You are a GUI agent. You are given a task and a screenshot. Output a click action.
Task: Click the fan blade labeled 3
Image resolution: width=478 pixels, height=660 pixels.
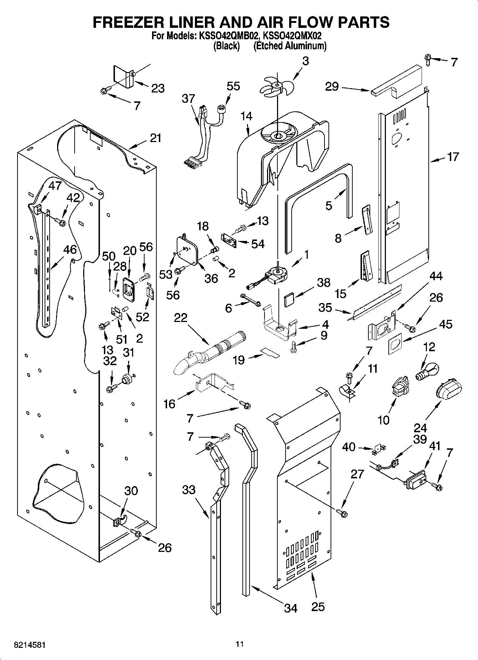coord(280,86)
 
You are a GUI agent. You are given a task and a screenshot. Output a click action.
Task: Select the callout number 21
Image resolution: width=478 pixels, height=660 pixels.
coord(155,138)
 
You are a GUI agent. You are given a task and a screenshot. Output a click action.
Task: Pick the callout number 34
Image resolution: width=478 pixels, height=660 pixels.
coord(291,608)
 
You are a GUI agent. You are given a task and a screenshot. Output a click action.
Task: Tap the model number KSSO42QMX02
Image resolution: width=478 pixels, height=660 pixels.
coord(292,36)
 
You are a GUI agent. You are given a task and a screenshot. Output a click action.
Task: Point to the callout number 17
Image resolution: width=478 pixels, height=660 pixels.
coord(453,157)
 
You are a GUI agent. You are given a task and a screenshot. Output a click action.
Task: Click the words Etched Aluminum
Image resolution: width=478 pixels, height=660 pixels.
coord(290,46)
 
